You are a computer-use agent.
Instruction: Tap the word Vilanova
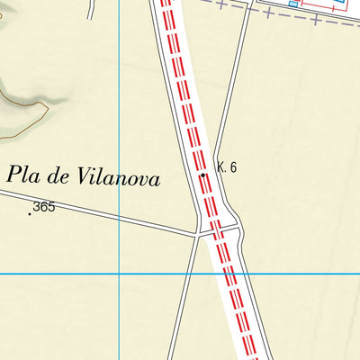point(120,178)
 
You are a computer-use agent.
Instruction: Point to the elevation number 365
point(44,207)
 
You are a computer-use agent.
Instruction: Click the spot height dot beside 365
point(30,213)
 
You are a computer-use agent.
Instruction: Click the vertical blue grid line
point(121,108)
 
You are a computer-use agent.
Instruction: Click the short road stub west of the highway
point(91,9)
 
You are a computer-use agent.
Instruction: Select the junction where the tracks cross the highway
point(216,232)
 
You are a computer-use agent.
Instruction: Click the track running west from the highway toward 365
point(117,218)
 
